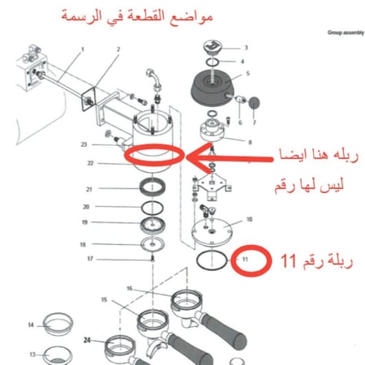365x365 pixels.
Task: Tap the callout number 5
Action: coord(247,74)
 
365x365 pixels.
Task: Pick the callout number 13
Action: coord(32,354)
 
